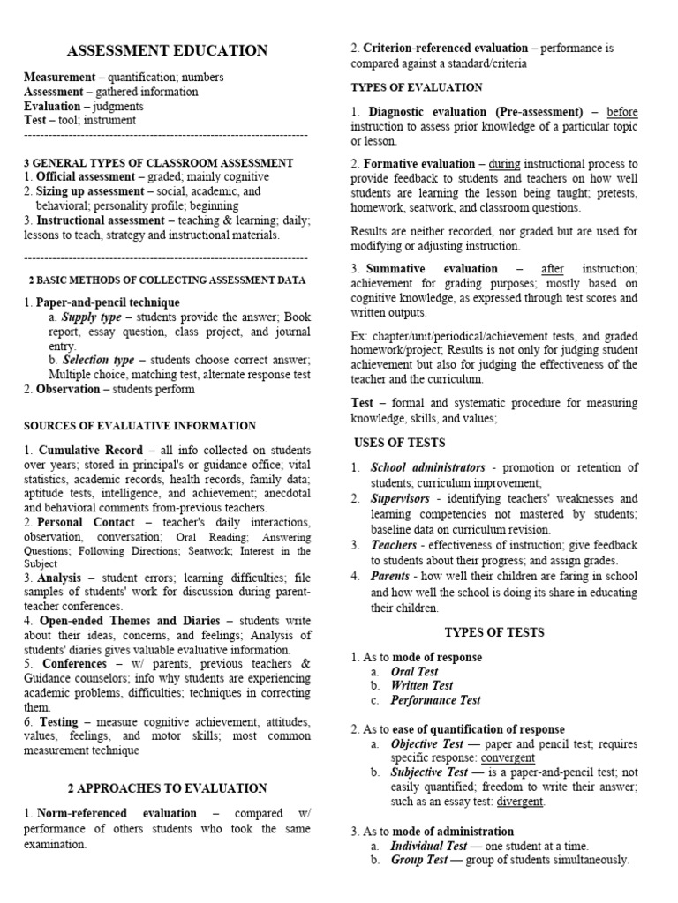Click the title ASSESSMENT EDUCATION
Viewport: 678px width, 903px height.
click(167, 51)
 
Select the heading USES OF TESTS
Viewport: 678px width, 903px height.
click(399, 443)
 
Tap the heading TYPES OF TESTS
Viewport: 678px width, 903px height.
click(493, 632)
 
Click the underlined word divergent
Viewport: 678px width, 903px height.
click(520, 802)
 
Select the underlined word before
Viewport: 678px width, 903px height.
click(621, 112)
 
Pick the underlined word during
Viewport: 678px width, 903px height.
click(504, 164)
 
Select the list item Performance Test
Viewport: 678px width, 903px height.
click(436, 700)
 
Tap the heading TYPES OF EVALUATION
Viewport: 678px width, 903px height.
click(417, 87)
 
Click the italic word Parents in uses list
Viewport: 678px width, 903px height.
click(392, 576)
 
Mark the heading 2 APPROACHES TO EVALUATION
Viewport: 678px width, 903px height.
click(167, 787)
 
